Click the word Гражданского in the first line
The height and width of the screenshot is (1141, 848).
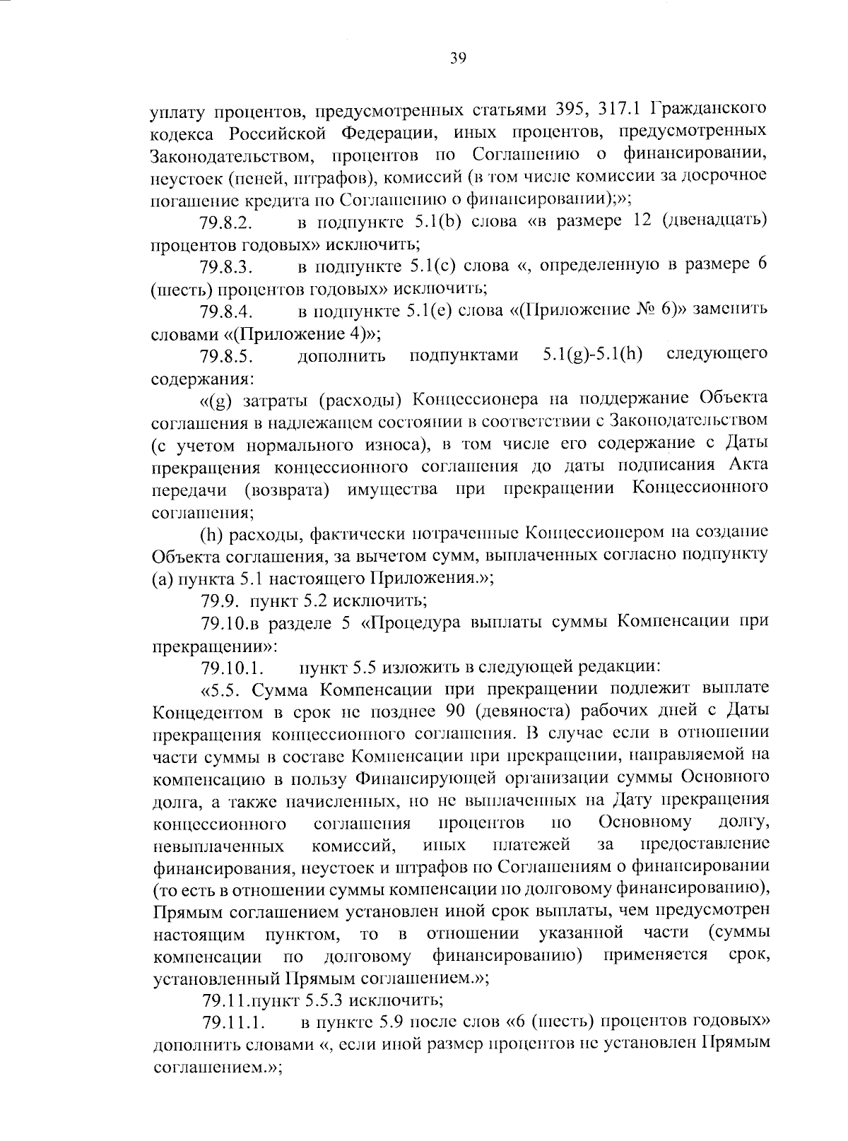(709, 111)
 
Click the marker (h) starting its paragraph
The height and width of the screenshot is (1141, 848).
(212, 534)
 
